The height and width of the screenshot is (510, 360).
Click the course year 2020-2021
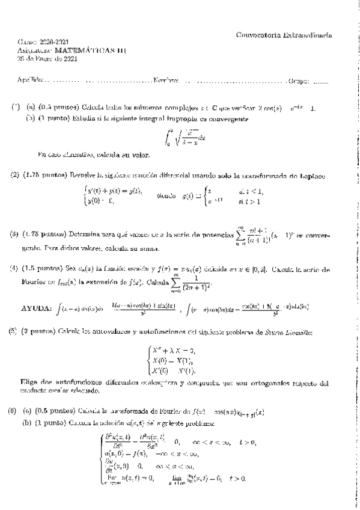(53, 43)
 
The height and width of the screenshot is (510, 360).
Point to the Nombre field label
(166, 81)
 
